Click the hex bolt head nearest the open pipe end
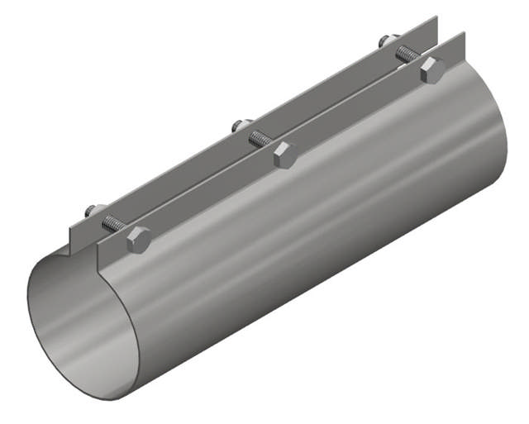point(138,240)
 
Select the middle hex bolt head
point(284,154)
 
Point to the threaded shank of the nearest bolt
point(114,224)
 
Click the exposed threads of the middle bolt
point(260,139)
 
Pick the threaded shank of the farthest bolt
point(407,55)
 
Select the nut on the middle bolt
point(241,126)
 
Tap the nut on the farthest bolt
point(387,40)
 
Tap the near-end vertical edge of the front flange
point(99,257)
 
